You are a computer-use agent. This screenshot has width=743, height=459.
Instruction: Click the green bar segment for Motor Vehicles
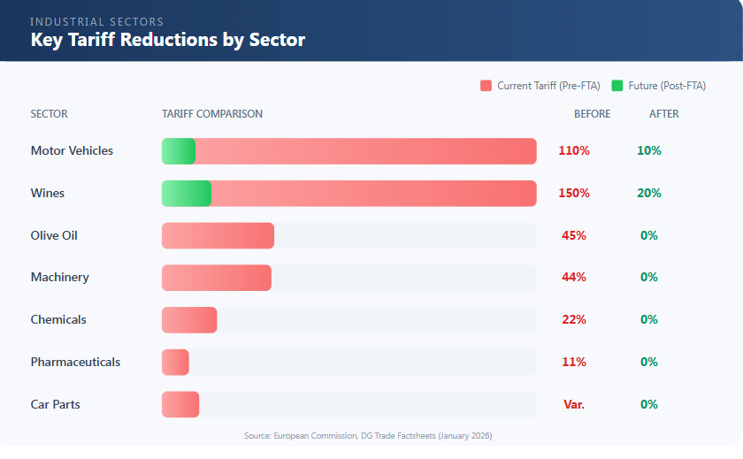[178, 151]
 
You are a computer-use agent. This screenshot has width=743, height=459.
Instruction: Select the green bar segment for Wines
[186, 193]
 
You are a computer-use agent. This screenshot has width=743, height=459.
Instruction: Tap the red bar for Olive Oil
[218, 235]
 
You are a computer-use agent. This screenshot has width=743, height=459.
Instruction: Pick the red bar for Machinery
[216, 278]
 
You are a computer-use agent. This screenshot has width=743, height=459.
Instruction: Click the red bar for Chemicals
[189, 319]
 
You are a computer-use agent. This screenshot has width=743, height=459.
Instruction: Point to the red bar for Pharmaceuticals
[175, 362]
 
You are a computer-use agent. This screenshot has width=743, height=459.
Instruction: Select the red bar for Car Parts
[180, 404]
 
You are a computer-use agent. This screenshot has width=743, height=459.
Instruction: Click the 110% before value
[574, 150]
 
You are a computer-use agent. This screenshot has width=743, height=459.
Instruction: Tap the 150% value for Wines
[574, 193]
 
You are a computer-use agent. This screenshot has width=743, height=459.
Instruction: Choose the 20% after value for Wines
[649, 193]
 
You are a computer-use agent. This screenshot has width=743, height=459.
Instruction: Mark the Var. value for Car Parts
[574, 404]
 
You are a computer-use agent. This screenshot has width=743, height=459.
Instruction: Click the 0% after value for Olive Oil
[649, 235]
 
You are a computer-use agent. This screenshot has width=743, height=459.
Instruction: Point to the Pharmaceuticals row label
[75, 362]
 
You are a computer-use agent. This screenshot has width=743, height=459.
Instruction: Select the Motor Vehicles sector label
[72, 150]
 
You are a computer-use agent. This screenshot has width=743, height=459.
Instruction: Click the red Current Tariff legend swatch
[486, 86]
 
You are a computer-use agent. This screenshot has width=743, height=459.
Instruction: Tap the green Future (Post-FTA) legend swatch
[617, 86]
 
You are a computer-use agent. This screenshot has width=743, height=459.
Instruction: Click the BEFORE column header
[592, 114]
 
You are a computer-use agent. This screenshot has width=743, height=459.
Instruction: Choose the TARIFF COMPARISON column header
[212, 114]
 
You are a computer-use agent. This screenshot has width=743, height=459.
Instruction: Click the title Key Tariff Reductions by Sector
[168, 40]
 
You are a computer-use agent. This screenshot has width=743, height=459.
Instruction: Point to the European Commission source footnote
[368, 436]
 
